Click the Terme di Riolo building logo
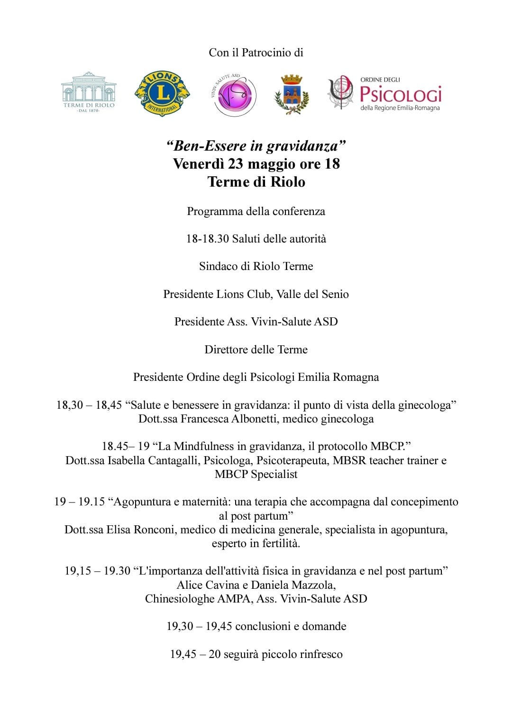(x=89, y=93)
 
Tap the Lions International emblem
(x=162, y=93)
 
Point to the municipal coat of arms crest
(x=292, y=95)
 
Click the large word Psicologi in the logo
(x=401, y=94)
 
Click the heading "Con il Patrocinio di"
(x=256, y=53)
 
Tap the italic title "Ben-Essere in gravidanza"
(x=256, y=145)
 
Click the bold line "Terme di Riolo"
(x=256, y=182)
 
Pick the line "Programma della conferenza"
(x=256, y=211)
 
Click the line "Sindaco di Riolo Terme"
(x=256, y=266)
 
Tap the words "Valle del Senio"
(x=312, y=294)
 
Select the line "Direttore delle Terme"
(x=256, y=350)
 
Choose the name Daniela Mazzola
(x=293, y=585)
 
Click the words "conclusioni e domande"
(x=291, y=626)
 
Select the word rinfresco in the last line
(x=319, y=654)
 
